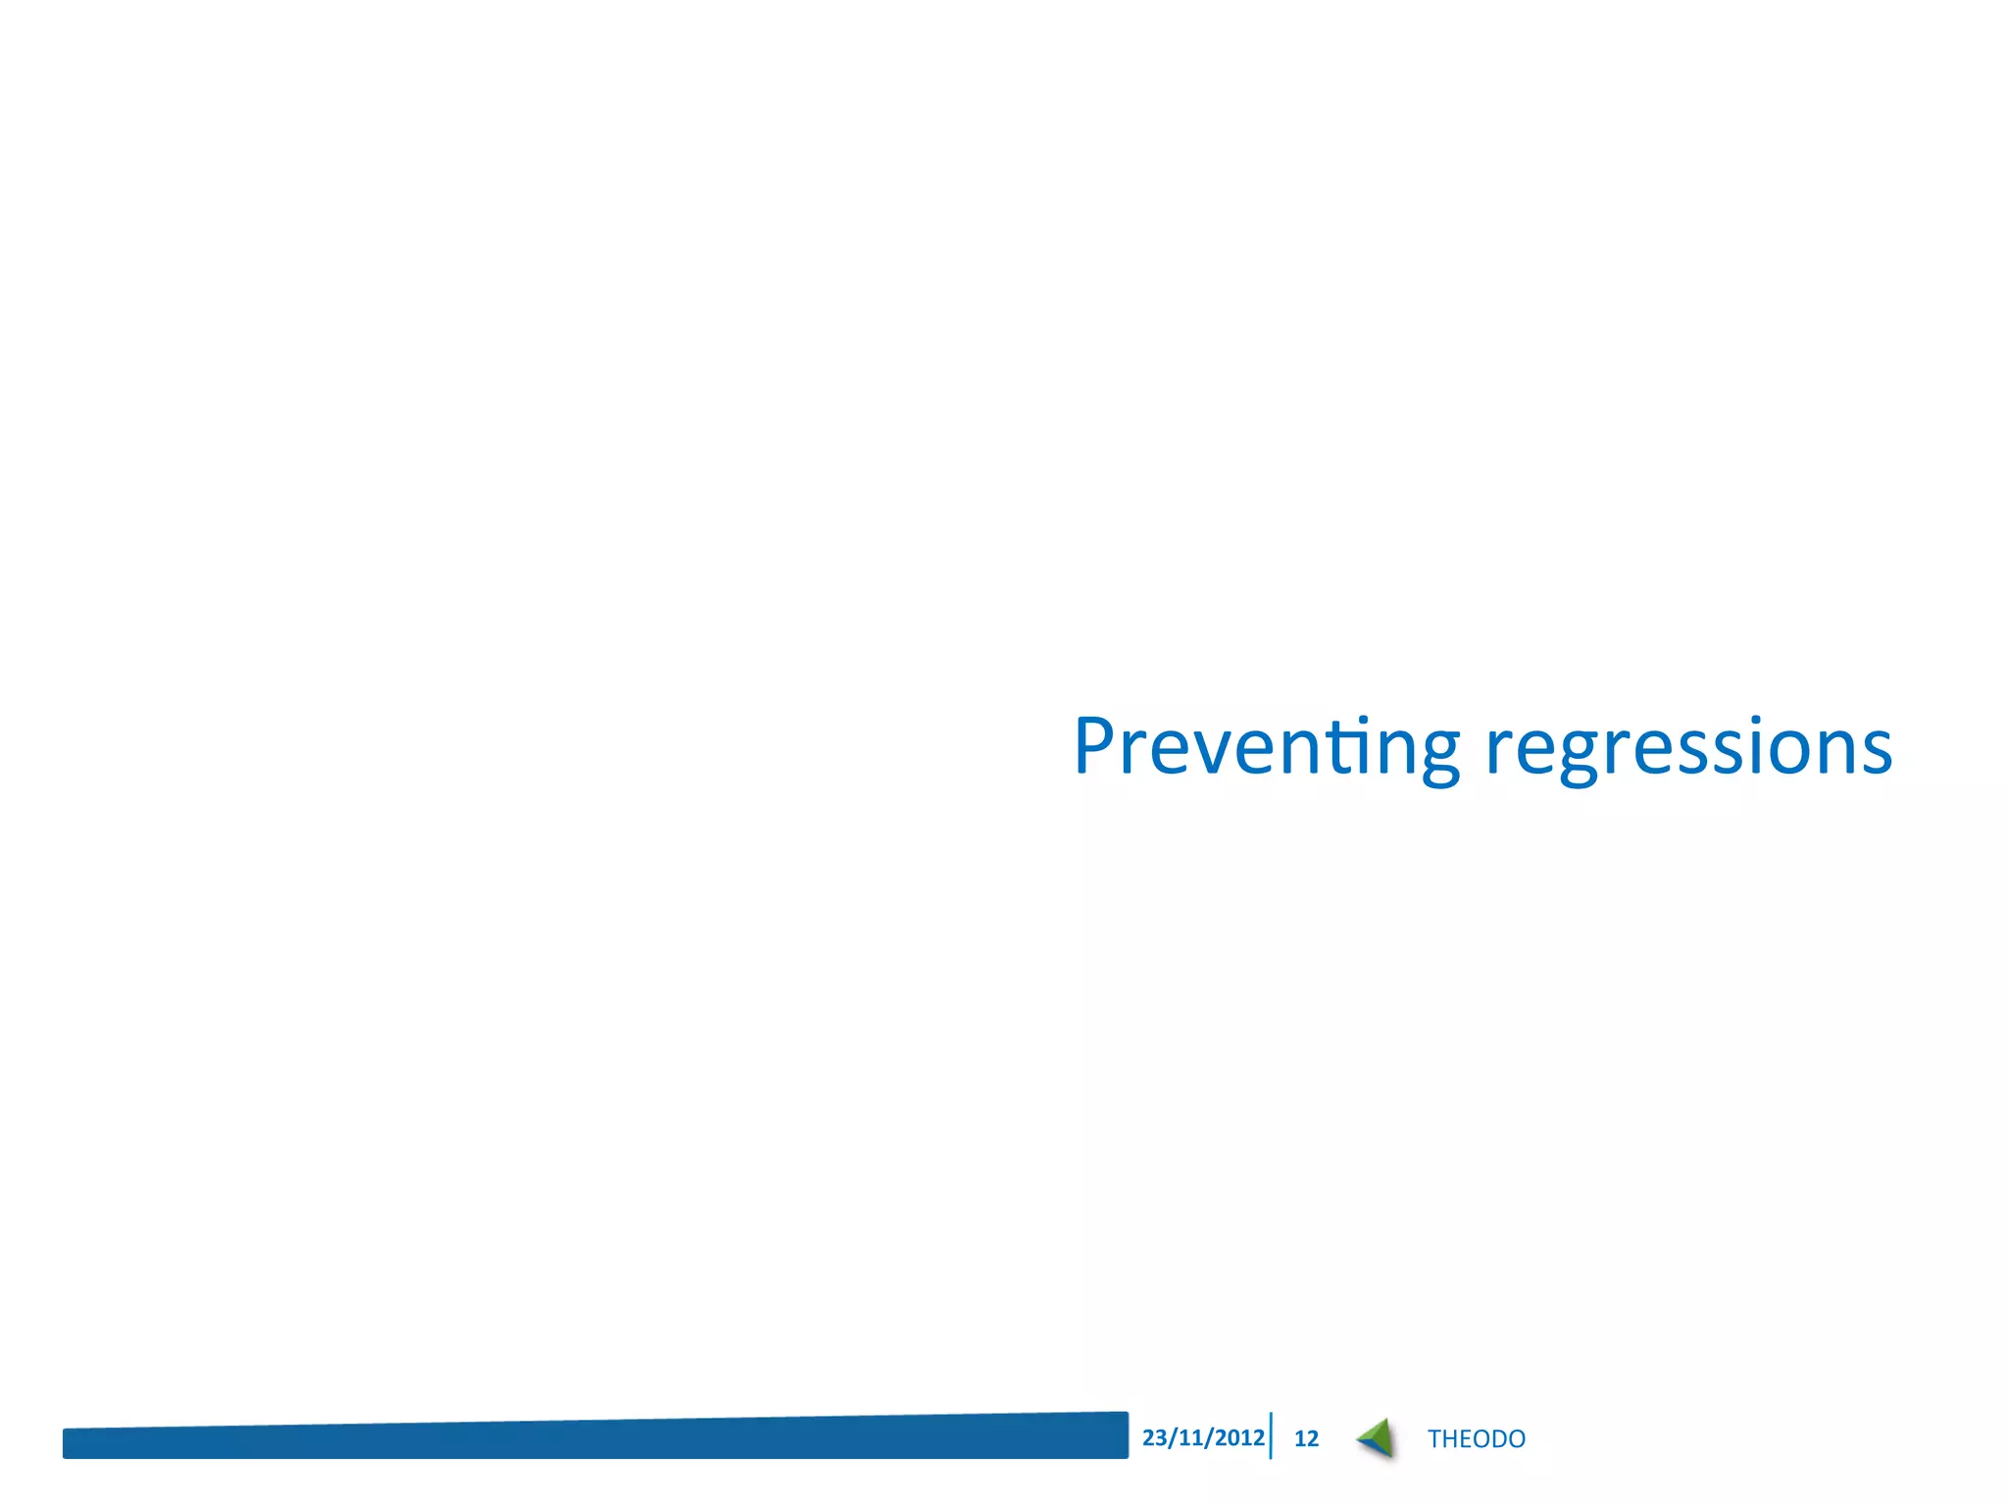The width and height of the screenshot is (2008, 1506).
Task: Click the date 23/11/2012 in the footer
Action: click(1202, 1437)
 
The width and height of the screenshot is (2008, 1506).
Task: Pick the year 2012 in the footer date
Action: click(1239, 1437)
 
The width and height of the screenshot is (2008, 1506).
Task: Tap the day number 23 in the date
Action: click(1155, 1437)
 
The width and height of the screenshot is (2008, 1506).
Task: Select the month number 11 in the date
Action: click(1190, 1437)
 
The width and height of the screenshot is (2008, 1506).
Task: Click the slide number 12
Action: click(1306, 1438)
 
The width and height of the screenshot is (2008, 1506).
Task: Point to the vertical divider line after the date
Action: click(1271, 1435)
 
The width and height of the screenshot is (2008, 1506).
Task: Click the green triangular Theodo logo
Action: click(1378, 1435)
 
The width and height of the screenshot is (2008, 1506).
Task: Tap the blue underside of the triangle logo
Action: click(1373, 1445)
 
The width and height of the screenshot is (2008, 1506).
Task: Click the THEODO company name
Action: click(1476, 1438)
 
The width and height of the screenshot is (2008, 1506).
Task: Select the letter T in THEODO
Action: click(1435, 1438)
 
